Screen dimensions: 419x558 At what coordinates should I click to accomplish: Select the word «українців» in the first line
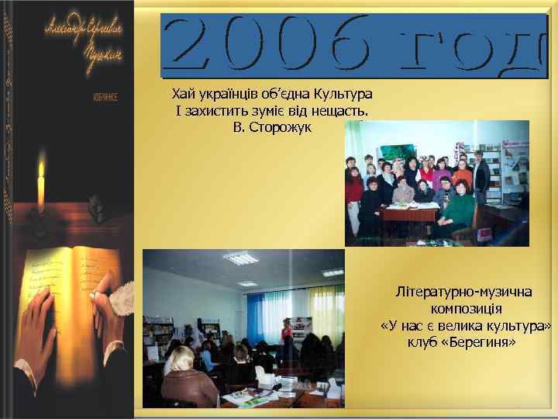[227, 95]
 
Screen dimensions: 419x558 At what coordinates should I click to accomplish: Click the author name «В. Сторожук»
[271, 127]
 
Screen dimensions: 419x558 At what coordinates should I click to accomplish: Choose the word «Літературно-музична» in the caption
[463, 293]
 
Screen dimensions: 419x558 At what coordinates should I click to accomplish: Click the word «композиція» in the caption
[464, 309]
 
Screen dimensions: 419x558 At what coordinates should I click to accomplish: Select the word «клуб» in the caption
[423, 341]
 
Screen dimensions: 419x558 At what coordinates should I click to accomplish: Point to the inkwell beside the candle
[97, 206]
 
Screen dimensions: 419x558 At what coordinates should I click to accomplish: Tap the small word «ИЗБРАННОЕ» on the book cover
[104, 99]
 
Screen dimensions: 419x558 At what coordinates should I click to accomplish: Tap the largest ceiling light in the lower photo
[240, 258]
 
